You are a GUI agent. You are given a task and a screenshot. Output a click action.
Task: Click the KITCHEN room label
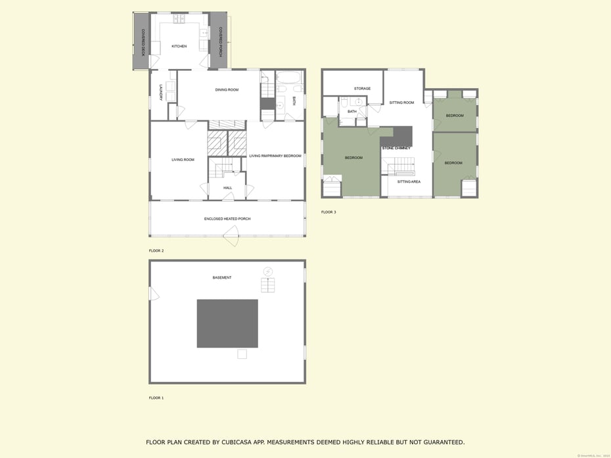[x=179, y=46]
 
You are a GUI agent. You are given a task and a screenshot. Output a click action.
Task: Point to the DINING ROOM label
[x=227, y=89]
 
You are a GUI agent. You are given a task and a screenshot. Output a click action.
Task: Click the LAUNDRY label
[x=160, y=91]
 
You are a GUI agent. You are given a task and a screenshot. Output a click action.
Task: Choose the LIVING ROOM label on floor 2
[x=183, y=160]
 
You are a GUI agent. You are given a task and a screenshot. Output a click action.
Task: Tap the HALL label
[x=227, y=188]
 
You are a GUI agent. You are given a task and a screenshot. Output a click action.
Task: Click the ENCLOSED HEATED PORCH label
[x=227, y=219]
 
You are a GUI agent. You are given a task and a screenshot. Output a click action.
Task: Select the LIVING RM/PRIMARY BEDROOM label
[x=275, y=156]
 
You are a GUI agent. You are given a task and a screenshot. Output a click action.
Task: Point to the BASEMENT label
[x=221, y=277]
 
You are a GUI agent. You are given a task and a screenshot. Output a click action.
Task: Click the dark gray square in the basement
[x=227, y=323]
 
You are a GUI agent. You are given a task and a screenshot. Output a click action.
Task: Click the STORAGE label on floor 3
[x=362, y=88]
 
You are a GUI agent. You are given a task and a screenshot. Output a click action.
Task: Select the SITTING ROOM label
[x=401, y=103]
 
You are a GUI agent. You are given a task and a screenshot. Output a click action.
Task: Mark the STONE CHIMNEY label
[x=396, y=148]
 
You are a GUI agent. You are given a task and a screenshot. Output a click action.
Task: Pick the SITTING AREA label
[x=409, y=181]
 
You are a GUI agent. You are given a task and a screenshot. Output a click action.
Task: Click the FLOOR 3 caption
[x=328, y=212]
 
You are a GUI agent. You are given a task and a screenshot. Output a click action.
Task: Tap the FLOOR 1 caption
[x=156, y=398]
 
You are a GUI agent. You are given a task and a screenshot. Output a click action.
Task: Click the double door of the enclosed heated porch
[x=231, y=235]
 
